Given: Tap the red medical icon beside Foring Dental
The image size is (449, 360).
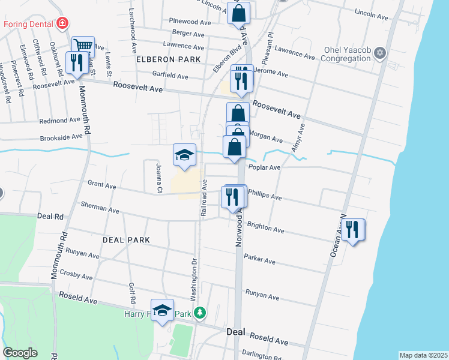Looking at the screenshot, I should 62,24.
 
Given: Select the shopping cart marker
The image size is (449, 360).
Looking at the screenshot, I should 83,46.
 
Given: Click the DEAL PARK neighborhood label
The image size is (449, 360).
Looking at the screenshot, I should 126,239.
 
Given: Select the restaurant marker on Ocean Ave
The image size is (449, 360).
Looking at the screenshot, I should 353,229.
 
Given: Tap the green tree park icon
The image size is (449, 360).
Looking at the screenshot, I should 202,313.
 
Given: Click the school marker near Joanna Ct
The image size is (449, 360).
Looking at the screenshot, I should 185,154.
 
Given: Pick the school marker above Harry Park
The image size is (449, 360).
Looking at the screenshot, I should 162,310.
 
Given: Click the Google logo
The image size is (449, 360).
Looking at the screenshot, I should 20,353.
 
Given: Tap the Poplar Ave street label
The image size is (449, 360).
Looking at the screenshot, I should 265,168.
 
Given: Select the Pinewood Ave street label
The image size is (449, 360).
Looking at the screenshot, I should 190,22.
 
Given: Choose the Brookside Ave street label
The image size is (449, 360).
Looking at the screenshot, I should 61,137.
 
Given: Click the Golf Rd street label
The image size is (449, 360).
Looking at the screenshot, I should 132,293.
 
